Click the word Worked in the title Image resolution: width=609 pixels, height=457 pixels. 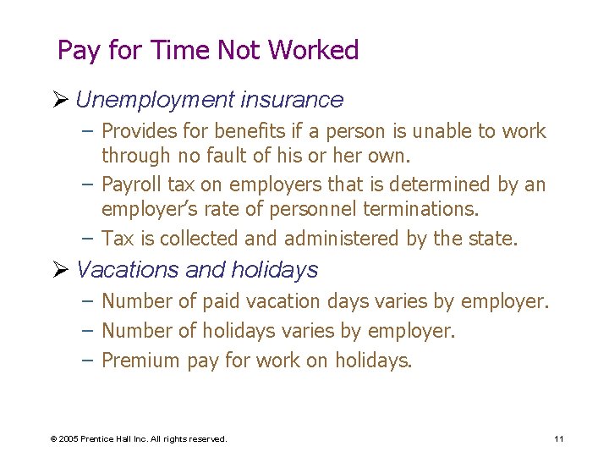(x=314, y=51)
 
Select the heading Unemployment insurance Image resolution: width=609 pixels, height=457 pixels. (x=209, y=100)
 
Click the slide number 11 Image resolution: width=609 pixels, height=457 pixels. (x=559, y=438)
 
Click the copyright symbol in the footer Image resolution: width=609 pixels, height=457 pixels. (x=53, y=439)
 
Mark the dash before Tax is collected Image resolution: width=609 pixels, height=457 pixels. (x=89, y=239)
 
